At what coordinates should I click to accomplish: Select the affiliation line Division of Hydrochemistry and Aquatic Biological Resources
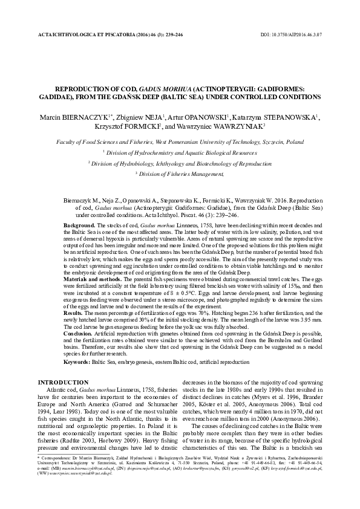tap(181, 153)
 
